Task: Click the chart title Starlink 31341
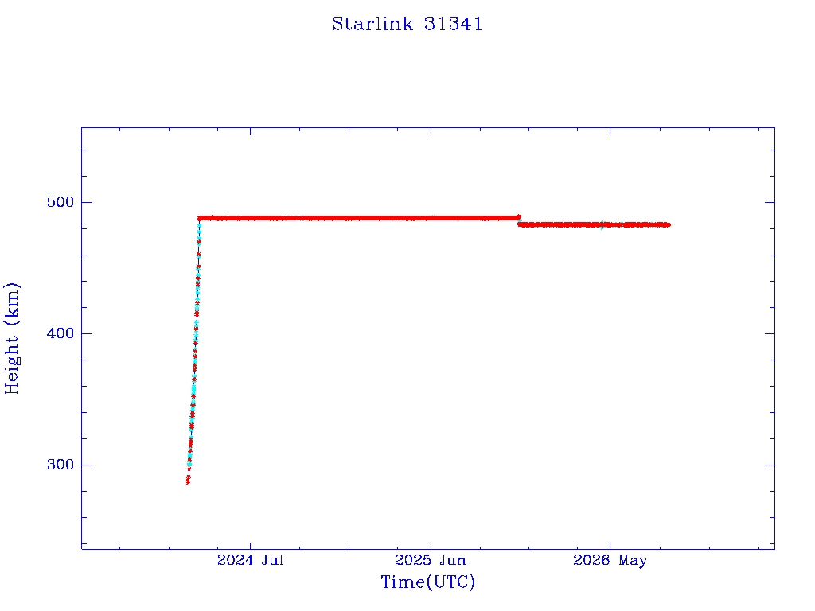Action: [x=407, y=24]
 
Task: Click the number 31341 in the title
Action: [x=453, y=24]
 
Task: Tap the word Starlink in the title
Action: [x=372, y=24]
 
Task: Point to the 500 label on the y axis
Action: [x=60, y=202]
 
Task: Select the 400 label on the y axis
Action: [x=60, y=333]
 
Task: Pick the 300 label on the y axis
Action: [x=60, y=465]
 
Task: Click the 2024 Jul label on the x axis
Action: [x=251, y=560]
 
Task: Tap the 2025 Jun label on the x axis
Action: [x=431, y=560]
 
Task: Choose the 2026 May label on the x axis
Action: [x=610, y=560]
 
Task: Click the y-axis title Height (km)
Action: [x=11, y=338]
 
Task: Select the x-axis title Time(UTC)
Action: [x=427, y=582]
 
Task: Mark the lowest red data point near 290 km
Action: [x=188, y=481]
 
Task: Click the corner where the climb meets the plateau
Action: [x=200, y=218]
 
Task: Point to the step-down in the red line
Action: [x=519, y=221]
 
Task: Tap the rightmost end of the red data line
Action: [x=669, y=224]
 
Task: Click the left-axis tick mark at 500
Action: [x=86, y=202]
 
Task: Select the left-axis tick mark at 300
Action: [x=86, y=465]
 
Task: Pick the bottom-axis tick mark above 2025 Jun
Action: [x=431, y=544]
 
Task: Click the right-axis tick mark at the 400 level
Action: [x=770, y=333]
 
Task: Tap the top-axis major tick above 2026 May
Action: [x=610, y=132]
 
